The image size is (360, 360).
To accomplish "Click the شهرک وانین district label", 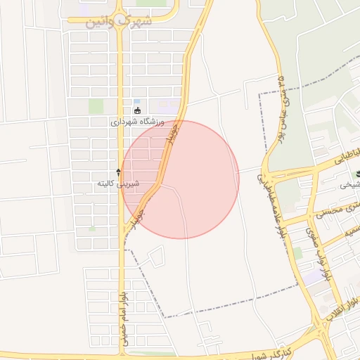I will click(119, 21).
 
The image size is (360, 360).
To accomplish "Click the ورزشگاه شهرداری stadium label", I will click(137, 122).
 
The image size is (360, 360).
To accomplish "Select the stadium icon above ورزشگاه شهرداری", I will click(138, 110).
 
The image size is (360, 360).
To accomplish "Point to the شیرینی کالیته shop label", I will click(118, 184).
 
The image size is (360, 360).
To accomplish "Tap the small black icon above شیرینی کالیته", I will click(118, 172).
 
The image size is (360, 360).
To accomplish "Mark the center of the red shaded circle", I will click(180, 179).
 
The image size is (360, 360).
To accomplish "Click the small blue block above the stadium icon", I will click(137, 102).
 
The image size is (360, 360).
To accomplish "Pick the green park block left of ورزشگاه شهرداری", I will click(96, 106).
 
